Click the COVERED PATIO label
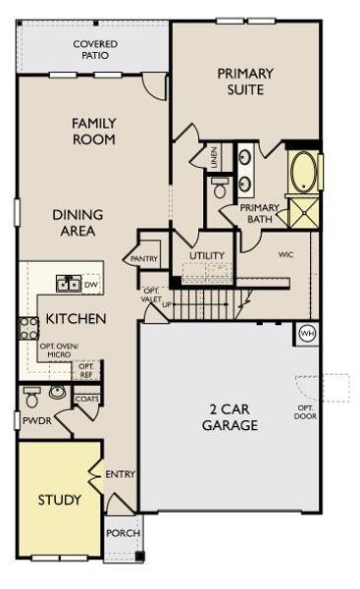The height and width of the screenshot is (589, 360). click(x=94, y=50)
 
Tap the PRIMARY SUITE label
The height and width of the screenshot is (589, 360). click(x=246, y=81)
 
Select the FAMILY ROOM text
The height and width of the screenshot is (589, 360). click(x=94, y=132)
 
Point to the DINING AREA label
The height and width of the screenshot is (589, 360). click(x=74, y=223)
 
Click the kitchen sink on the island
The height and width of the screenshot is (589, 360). click(x=69, y=285)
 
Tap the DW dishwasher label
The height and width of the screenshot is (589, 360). click(x=91, y=286)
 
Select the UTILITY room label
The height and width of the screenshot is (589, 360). click(x=207, y=255)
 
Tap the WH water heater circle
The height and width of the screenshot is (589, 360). click(x=306, y=333)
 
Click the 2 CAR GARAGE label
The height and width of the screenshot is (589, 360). click(x=231, y=417)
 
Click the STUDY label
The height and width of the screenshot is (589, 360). click(x=60, y=500)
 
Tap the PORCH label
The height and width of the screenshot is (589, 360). click(x=123, y=533)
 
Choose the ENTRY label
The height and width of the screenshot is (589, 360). click(x=121, y=474)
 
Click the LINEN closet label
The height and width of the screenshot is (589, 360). click(x=214, y=157)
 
